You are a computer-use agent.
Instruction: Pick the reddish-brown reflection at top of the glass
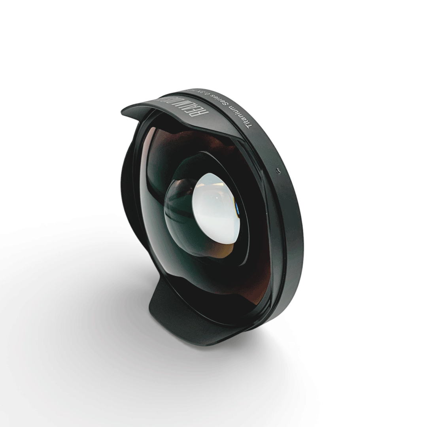[178, 138]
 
